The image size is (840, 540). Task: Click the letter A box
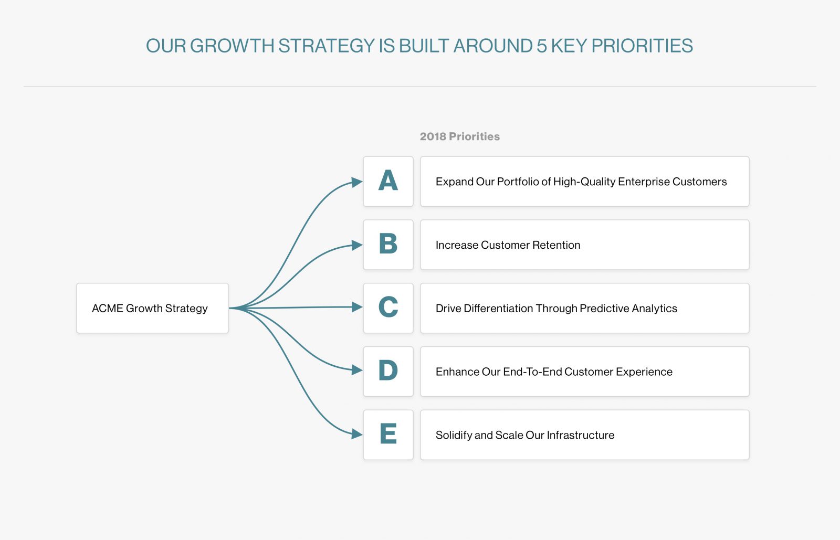(388, 181)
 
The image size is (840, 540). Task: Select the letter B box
(388, 245)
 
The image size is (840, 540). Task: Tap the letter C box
(388, 308)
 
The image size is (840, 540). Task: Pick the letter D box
(388, 371)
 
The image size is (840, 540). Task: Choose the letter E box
(388, 435)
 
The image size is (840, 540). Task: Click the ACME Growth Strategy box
(152, 308)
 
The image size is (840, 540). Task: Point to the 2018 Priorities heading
(459, 136)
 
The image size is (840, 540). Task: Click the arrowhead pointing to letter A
(357, 182)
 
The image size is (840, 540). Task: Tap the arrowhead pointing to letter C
(357, 307)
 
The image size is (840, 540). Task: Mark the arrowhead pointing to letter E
(357, 434)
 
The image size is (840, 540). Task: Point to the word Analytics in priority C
(654, 309)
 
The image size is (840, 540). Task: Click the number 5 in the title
(541, 46)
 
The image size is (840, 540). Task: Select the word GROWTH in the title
(232, 46)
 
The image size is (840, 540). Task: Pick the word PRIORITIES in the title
(642, 46)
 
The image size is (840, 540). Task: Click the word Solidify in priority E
(453, 435)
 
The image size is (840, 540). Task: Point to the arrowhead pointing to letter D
(357, 370)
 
